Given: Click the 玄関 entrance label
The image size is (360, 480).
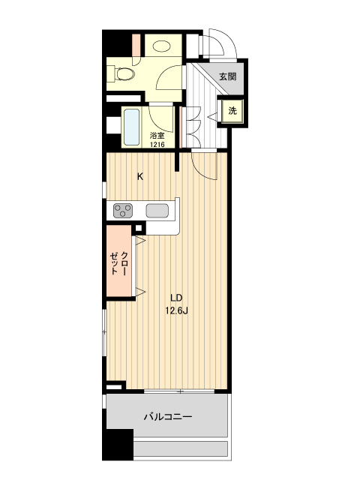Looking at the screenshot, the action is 228,76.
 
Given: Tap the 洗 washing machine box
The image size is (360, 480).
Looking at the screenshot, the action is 232,111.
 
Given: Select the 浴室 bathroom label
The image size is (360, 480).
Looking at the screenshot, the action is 157,136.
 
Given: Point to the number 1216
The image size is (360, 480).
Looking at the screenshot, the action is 157,145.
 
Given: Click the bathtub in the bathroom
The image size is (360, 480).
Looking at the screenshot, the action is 132,127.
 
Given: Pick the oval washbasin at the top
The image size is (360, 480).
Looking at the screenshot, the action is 162,46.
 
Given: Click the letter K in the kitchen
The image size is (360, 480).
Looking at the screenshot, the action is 140,177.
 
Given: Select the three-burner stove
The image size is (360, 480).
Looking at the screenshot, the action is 123,211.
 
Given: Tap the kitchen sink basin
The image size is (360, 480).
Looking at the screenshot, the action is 157,211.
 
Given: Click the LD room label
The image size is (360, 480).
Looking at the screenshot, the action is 177,298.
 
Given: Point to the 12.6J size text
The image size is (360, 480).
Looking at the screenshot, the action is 177,311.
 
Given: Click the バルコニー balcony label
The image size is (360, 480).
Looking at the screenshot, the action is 168,417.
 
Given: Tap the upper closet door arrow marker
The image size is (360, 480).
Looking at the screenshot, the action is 140,241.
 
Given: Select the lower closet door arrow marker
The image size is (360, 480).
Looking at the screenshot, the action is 140,292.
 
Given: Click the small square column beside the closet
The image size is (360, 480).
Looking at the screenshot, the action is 139,228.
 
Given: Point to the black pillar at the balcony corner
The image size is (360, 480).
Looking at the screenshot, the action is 118,445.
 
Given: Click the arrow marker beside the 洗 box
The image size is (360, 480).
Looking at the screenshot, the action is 212,116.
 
